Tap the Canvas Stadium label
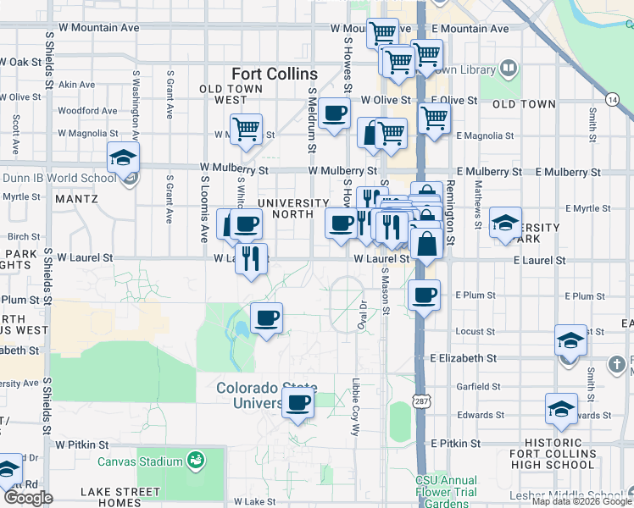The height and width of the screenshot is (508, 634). (140, 461)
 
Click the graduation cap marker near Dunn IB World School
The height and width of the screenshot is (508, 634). (123, 157)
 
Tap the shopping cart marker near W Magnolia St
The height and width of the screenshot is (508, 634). (246, 130)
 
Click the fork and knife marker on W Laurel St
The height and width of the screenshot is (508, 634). (251, 257)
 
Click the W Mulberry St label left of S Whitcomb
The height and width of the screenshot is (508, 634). (233, 169)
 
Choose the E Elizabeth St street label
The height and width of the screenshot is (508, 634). (462, 358)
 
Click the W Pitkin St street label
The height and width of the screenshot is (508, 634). (82, 444)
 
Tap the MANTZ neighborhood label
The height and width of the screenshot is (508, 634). (76, 199)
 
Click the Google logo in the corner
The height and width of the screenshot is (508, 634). (28, 498)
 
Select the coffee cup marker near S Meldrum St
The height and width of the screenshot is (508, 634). (335, 113)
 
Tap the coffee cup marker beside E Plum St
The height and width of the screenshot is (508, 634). (423, 295)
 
